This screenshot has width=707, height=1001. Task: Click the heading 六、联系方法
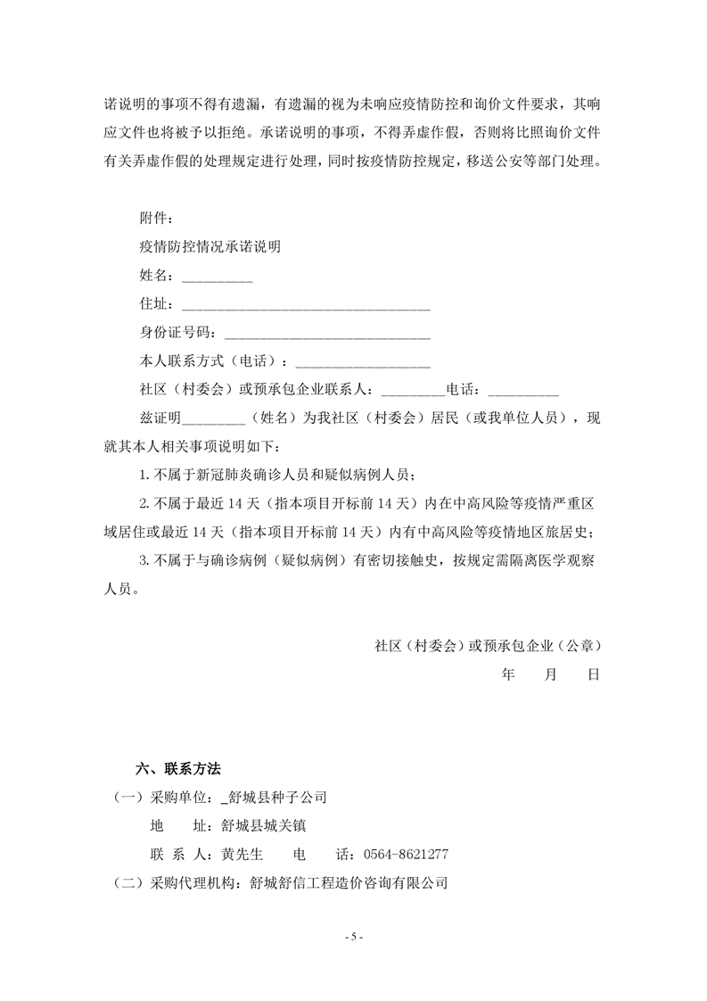[177, 769]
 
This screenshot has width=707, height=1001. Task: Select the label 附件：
[157, 219]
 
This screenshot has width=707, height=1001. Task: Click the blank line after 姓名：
[218, 280]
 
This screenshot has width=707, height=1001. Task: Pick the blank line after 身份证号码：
[327, 337]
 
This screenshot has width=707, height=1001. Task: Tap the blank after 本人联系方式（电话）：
[362, 366]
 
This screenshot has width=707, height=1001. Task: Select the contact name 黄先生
[242, 855]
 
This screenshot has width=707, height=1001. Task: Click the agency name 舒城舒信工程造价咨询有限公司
[348, 883]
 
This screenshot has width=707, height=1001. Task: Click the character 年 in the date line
[509, 674]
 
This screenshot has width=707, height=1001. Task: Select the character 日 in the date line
[592, 674]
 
